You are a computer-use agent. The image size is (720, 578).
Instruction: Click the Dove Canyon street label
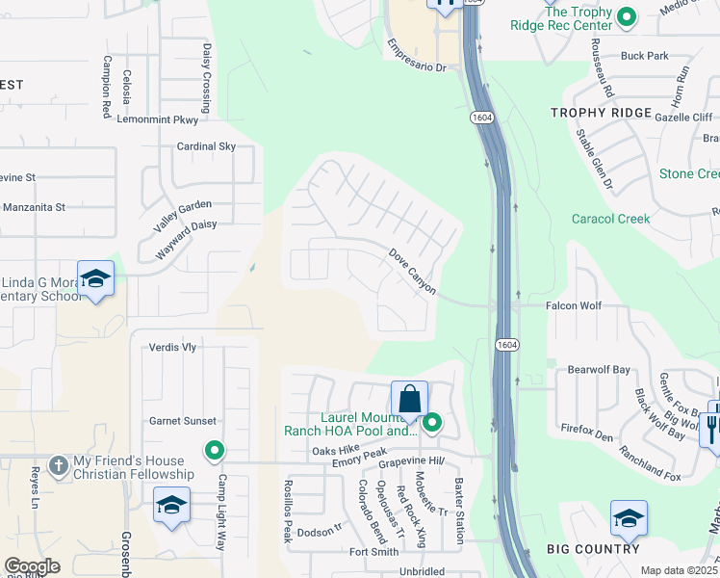[x=413, y=272]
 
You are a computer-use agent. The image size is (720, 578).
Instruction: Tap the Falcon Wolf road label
[x=574, y=305]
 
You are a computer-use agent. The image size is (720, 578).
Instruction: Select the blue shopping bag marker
[x=409, y=399]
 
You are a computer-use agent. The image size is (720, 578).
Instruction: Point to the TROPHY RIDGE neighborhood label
[x=601, y=113]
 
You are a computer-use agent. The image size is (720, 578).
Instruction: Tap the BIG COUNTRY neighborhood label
[x=593, y=549]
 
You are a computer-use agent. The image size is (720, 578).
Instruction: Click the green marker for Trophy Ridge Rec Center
[x=627, y=16]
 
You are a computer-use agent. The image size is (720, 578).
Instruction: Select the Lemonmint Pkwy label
[x=158, y=120]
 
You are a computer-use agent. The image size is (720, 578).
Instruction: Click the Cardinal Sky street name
[x=206, y=146]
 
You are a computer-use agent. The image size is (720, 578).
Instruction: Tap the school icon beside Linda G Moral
[x=95, y=279]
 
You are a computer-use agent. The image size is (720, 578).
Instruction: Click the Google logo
[x=32, y=566]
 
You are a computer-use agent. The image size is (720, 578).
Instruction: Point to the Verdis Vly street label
[x=172, y=347]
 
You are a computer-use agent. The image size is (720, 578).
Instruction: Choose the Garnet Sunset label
[x=182, y=421]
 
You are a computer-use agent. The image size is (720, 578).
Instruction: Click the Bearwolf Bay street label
[x=598, y=369]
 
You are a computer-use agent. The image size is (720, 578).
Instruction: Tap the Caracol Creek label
[x=610, y=219]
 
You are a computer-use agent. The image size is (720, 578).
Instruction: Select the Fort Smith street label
[x=373, y=552]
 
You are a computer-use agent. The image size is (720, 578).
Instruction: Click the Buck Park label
[x=644, y=56]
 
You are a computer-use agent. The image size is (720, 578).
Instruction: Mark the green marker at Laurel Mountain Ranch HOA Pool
[x=432, y=422]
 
